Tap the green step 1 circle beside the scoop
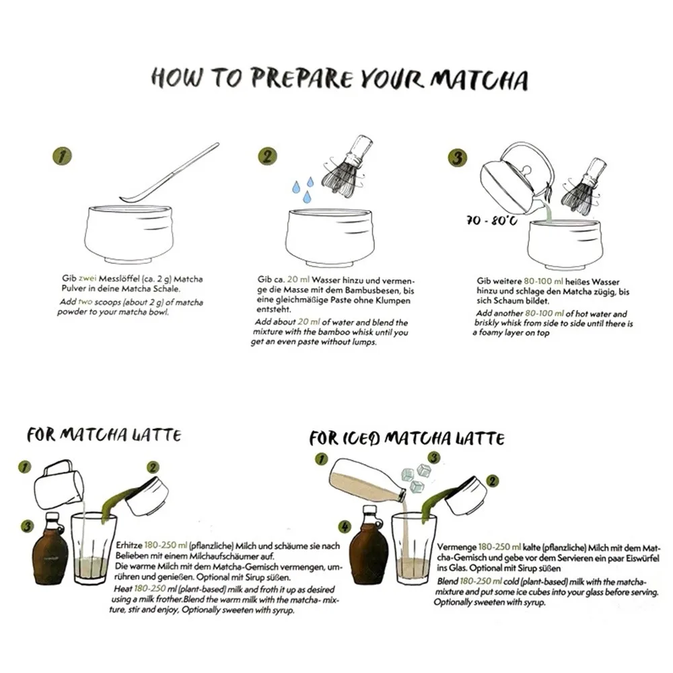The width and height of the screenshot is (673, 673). pyautogui.click(x=62, y=156)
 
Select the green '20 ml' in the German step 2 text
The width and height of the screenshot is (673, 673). pyautogui.click(x=296, y=279)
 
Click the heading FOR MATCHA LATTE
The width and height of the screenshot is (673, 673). pyautogui.click(x=104, y=435)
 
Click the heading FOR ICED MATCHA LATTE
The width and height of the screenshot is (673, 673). pyautogui.click(x=406, y=438)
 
